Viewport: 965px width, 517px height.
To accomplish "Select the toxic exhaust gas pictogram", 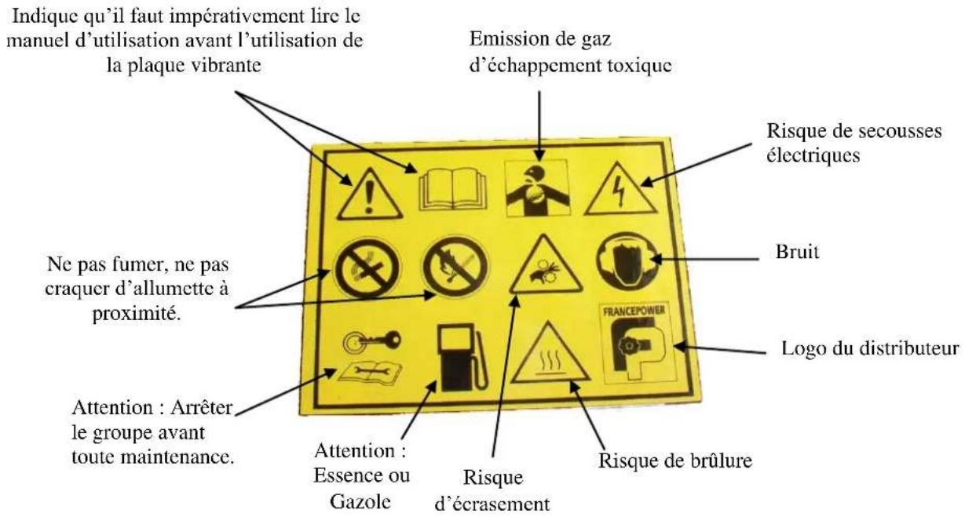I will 536,187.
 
